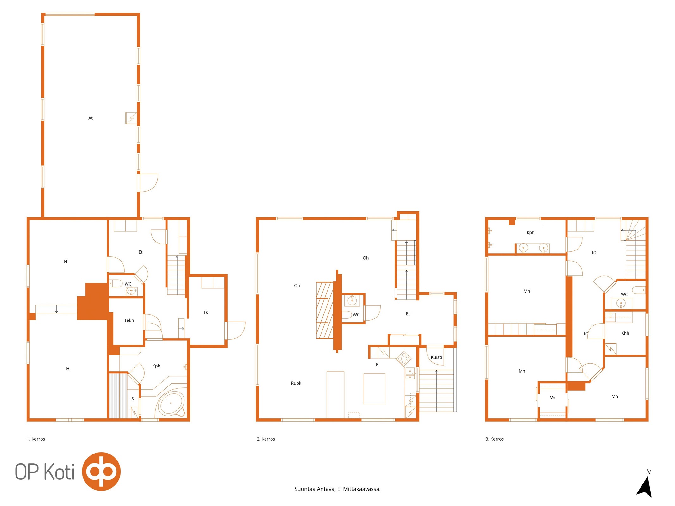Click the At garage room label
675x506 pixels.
[91, 118]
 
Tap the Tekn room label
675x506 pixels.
[129, 320]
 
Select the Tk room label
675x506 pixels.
[205, 312]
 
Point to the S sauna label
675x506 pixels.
[132, 399]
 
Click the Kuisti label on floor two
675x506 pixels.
[436, 357]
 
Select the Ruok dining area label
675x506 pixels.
[296, 383]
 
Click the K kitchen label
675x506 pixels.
[377, 364]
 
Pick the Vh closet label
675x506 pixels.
[553, 398]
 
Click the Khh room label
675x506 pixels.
[625, 333]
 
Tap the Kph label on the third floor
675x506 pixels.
[530, 232]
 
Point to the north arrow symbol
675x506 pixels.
[645, 487]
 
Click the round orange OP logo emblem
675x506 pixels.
[101, 471]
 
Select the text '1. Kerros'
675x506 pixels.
[36, 439]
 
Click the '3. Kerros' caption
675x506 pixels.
[495, 439]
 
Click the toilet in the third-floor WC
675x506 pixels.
[638, 290]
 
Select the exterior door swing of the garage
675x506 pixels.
[148, 183]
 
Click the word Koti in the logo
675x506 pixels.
[59, 472]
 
